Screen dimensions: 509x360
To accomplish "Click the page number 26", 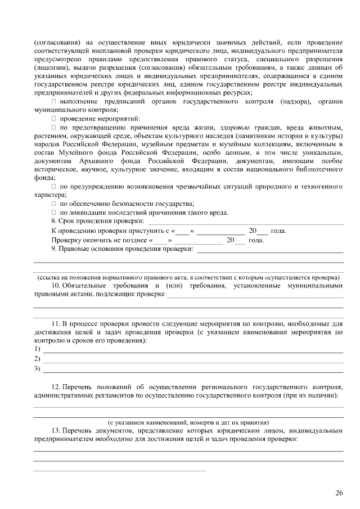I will (x=339, y=493).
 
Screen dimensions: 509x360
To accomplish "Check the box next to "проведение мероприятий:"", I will (x=54, y=119).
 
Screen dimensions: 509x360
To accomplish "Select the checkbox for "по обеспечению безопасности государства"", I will (x=54, y=204).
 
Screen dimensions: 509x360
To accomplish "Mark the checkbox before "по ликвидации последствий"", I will (x=54, y=212).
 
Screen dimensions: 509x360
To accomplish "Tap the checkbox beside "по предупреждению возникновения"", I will (x=54, y=186).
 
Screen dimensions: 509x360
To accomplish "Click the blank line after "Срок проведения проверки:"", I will (x=245, y=222).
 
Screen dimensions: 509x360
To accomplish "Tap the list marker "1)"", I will (x=38, y=349).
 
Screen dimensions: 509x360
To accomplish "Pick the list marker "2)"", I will (x=38, y=359).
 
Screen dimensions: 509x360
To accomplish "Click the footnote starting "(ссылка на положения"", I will (x=188, y=277).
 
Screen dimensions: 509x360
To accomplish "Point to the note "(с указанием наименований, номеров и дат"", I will (x=188, y=422).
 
